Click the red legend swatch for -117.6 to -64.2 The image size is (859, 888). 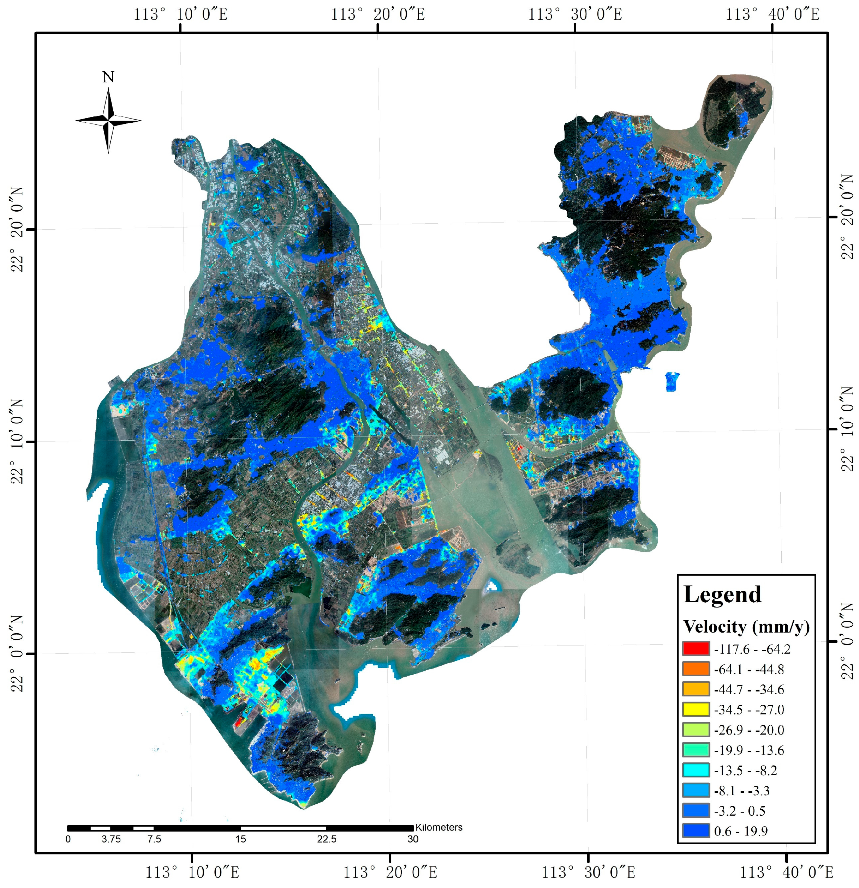(696, 649)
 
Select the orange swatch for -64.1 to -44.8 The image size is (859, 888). (696, 669)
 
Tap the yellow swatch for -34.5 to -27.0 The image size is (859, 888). (696, 709)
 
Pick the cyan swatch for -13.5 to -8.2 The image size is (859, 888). (696, 770)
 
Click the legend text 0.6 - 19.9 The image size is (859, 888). (741, 831)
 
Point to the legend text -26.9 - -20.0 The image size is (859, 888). (749, 730)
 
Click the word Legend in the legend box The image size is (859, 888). (722, 595)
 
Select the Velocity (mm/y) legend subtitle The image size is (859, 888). (746, 627)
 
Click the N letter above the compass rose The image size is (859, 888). (108, 78)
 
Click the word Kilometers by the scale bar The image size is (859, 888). (439, 827)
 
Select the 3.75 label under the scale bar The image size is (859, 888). (111, 839)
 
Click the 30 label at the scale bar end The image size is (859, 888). (412, 839)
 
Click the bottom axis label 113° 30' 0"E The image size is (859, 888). (589, 872)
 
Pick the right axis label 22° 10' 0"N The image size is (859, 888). (847, 429)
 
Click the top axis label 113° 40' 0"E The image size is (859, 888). (772, 14)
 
